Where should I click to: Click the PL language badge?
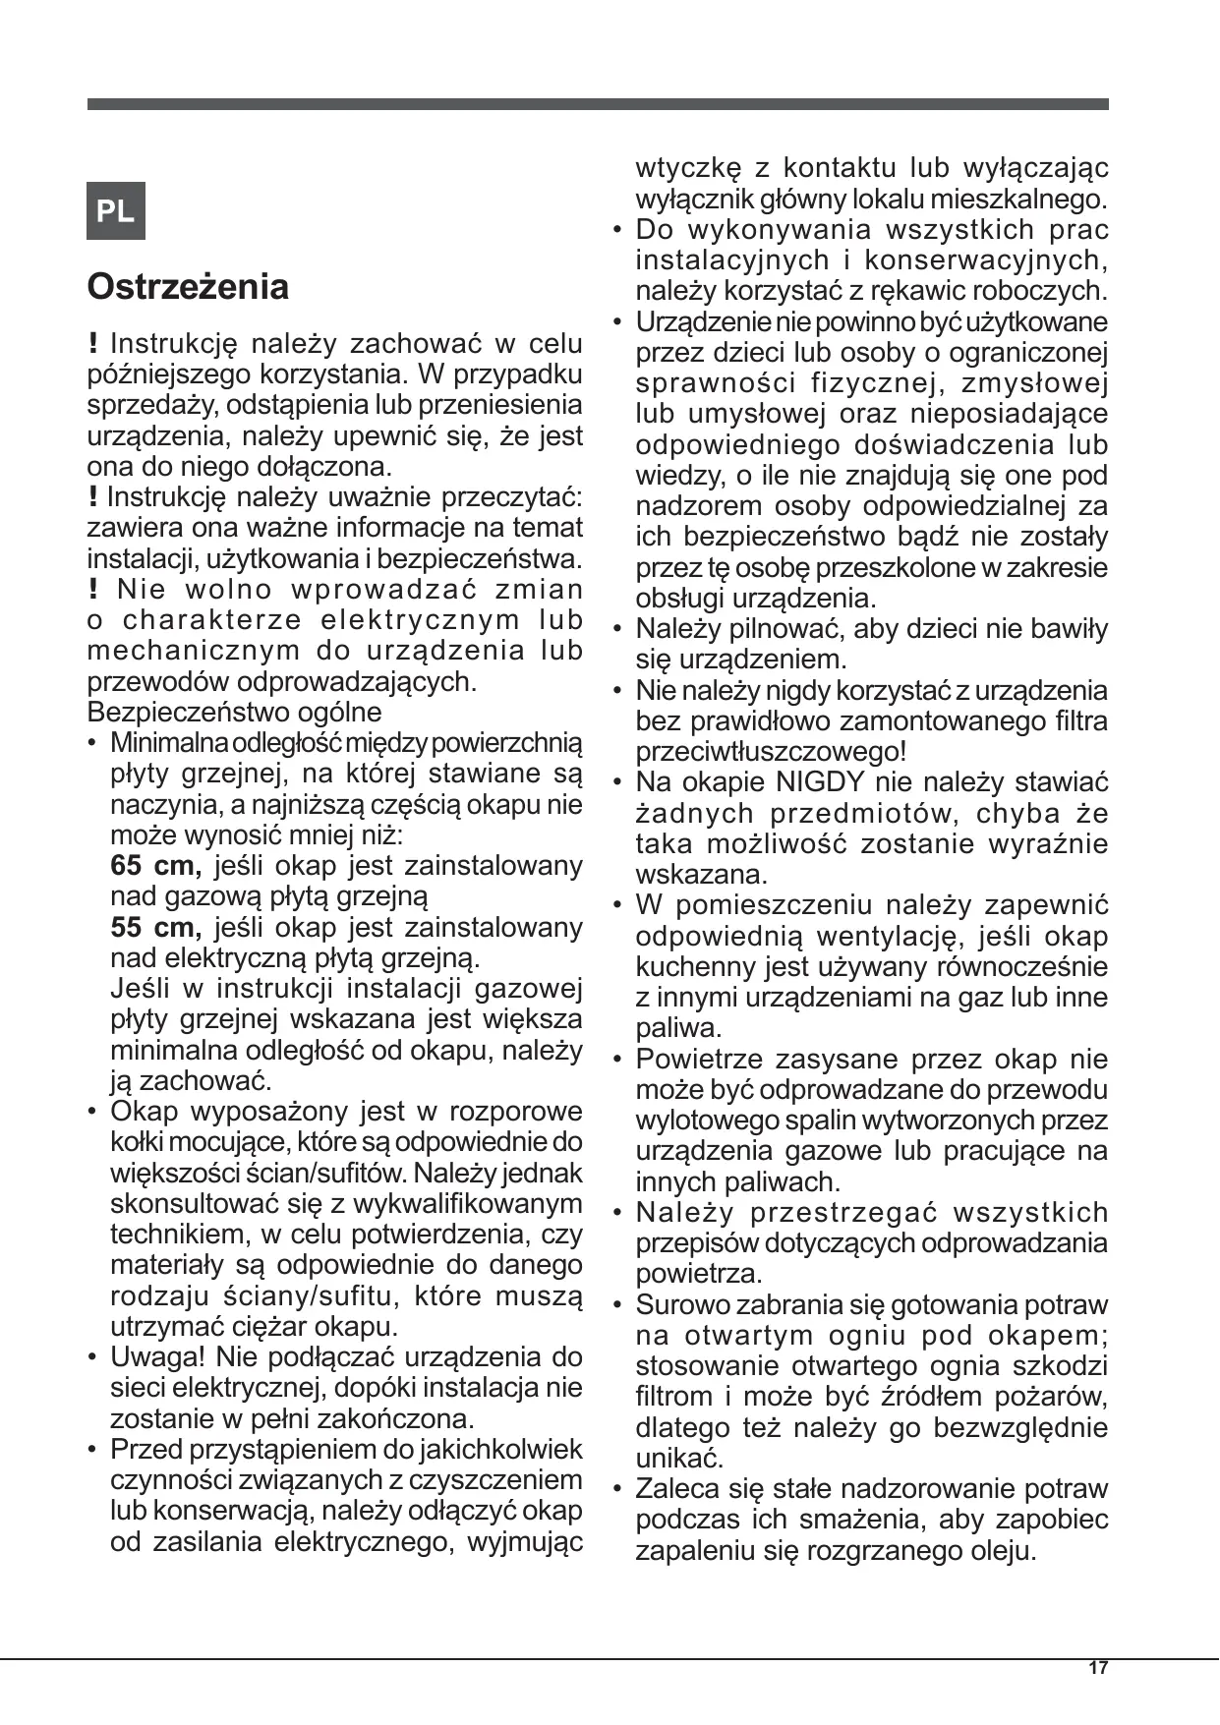(116, 210)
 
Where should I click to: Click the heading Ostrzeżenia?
(188, 287)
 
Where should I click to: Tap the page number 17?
(1098, 1668)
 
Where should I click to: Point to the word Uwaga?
(157, 1357)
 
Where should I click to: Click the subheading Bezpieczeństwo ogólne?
(234, 712)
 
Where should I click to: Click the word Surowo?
(683, 1305)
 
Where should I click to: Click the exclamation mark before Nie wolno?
(92, 590)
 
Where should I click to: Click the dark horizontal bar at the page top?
(598, 104)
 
